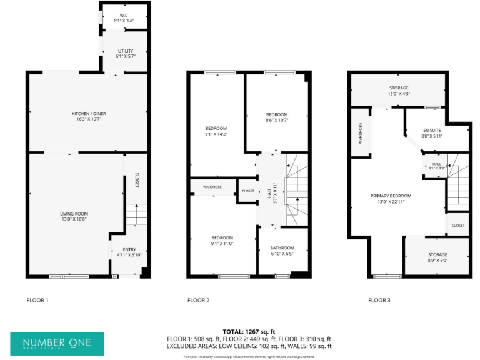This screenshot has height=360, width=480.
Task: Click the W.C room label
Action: pos(123,16)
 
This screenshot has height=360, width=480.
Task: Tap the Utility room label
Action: pos(125,51)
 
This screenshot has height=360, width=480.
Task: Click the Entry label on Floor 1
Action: pos(129,249)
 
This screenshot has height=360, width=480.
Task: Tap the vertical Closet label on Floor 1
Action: pos(137,181)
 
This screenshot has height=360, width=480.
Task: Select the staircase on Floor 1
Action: pos(136,216)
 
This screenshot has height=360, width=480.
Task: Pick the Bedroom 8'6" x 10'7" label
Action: pos(276,114)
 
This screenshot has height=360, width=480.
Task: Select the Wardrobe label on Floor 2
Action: pos(213,187)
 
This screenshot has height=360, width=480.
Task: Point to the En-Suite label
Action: pos(432,131)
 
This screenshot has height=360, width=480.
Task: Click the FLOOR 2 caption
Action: pos(198,301)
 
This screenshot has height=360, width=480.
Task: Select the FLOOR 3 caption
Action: pos(379,301)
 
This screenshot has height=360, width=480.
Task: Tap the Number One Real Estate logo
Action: pos(57,344)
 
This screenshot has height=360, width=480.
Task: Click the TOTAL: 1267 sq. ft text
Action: pos(249,331)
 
